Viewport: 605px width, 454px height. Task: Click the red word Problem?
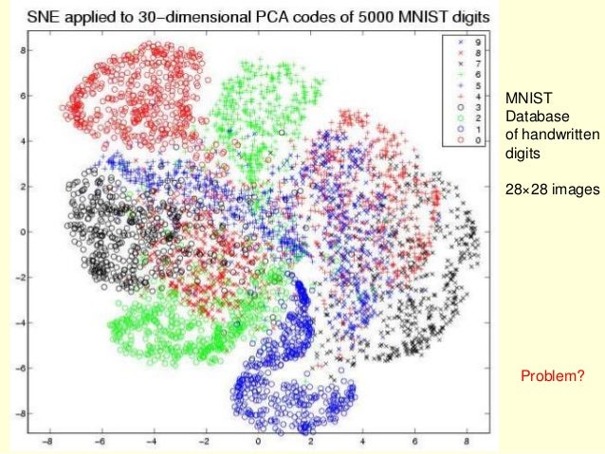click(556, 377)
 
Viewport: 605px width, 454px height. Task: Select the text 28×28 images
click(552, 189)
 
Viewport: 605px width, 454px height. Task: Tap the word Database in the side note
click(531, 117)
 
